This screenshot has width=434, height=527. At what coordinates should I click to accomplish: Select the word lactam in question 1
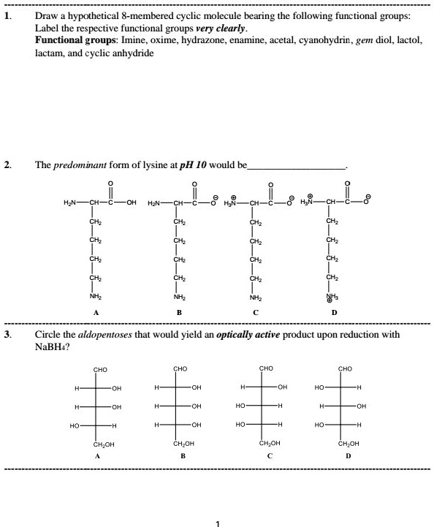tap(47, 53)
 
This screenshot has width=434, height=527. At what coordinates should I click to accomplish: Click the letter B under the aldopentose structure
tap(183, 455)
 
